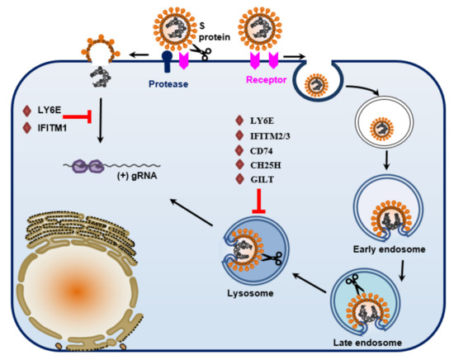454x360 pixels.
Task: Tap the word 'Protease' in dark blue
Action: (172, 83)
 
